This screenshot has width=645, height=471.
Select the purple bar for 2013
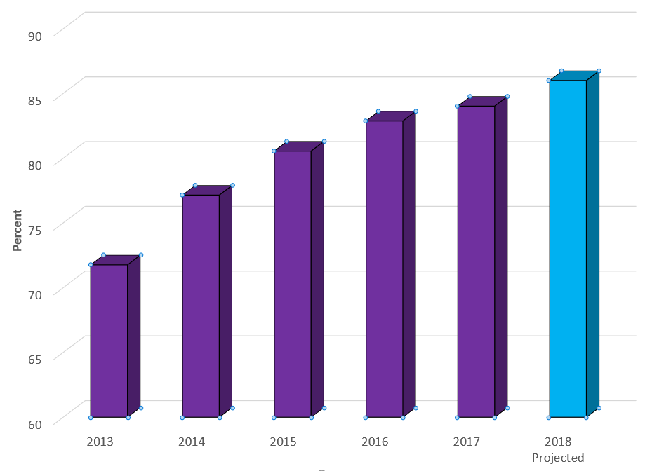pyautogui.click(x=109, y=341)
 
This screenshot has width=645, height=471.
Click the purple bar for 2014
pyautogui.click(x=201, y=306)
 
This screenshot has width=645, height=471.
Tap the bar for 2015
pyautogui.click(x=292, y=284)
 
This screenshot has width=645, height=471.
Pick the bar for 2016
pyautogui.click(x=384, y=269)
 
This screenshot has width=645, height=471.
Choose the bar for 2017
pyautogui.click(x=476, y=261)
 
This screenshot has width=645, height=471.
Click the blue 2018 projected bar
pyautogui.click(x=567, y=249)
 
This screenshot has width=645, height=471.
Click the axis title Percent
pyautogui.click(x=18, y=230)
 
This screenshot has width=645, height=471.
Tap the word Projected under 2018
pyautogui.click(x=558, y=458)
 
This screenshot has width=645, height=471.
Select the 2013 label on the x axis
pyautogui.click(x=100, y=442)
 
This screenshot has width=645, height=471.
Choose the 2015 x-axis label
pyautogui.click(x=283, y=442)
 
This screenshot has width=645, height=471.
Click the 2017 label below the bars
pyautogui.click(x=466, y=442)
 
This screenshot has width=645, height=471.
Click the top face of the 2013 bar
pyautogui.click(x=116, y=260)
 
